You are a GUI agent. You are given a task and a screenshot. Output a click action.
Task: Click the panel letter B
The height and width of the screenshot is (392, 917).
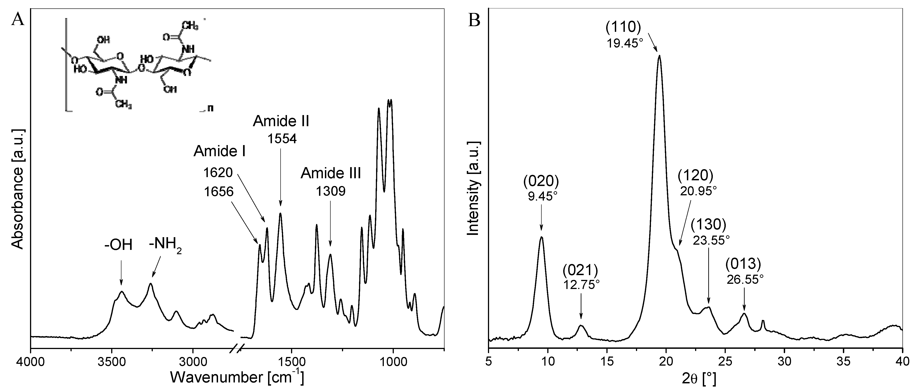click(475, 20)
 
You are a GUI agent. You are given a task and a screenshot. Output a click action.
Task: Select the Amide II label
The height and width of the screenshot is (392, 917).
click(281, 121)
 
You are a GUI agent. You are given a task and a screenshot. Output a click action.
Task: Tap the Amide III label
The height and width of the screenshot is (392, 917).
click(331, 173)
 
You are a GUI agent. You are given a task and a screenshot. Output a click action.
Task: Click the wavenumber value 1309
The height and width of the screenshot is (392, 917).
click(331, 191)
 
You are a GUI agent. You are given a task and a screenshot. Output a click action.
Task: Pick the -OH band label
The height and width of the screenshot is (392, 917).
click(118, 245)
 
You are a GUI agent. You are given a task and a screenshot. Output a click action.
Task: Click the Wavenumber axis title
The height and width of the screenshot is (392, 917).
click(237, 377)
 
